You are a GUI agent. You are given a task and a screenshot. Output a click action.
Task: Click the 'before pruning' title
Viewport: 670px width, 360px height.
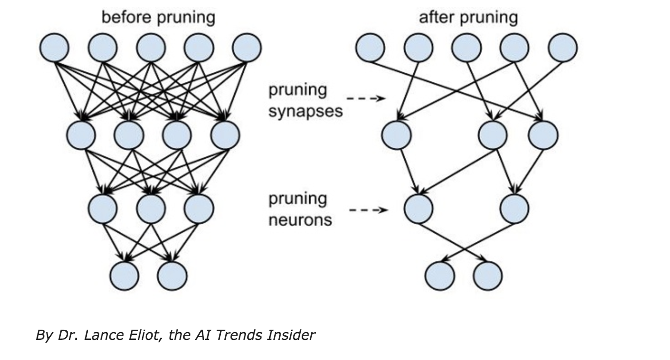(x=158, y=18)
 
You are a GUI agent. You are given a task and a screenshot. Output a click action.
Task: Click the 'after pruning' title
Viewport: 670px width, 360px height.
(x=468, y=18)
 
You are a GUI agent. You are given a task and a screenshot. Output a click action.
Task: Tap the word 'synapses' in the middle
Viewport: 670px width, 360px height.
(x=305, y=111)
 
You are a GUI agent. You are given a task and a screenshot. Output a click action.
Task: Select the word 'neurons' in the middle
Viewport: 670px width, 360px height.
(x=300, y=220)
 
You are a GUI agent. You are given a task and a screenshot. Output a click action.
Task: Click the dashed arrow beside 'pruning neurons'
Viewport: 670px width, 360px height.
(x=368, y=210)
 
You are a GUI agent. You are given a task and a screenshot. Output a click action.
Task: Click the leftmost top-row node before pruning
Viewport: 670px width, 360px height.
(x=54, y=48)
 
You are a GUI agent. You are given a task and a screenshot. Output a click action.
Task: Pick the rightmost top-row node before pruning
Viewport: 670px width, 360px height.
(x=247, y=48)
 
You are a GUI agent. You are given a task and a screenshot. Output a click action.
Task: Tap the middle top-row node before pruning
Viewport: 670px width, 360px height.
(x=151, y=48)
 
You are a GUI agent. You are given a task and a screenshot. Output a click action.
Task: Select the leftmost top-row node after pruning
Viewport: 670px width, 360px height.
(x=370, y=48)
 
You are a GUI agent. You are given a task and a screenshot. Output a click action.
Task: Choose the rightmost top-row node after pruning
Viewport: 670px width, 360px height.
(x=563, y=48)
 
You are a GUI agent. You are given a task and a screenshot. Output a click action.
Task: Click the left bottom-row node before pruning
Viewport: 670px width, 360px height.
(x=124, y=276)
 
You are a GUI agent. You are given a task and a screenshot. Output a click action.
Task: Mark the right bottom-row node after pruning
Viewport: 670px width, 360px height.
(x=488, y=276)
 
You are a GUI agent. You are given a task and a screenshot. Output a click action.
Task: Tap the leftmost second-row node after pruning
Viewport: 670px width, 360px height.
(x=396, y=135)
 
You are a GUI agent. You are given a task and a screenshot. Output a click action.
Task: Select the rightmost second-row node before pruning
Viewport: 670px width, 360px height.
(x=225, y=135)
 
